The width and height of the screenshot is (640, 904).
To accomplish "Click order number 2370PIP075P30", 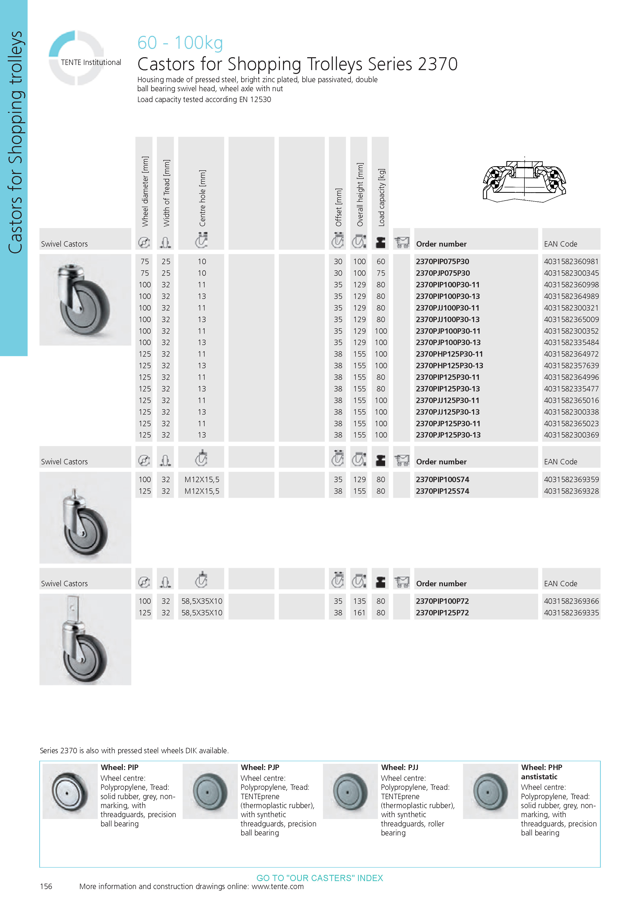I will [x=442, y=262].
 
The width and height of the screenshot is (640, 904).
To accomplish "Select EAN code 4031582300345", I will [x=571, y=273].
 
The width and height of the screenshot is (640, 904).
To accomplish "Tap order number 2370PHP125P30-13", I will [x=449, y=365].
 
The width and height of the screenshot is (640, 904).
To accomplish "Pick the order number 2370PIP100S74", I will [x=442, y=480].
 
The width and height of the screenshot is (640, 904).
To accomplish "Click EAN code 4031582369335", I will [x=571, y=613].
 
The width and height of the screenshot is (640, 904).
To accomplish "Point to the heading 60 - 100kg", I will [x=180, y=43].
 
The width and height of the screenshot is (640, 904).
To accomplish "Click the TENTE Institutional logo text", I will [x=91, y=62].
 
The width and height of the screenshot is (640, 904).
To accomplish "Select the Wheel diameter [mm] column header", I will [x=145, y=191].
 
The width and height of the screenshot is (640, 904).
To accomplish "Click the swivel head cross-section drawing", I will [x=524, y=180].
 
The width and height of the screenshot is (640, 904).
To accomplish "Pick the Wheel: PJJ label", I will [x=399, y=767].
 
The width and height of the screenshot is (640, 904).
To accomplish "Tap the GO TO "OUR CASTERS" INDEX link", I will [x=320, y=878].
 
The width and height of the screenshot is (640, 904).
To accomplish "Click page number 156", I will [x=46, y=886].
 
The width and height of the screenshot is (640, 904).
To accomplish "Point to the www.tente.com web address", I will [x=278, y=886].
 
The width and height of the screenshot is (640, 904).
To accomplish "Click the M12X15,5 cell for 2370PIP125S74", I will [x=202, y=491].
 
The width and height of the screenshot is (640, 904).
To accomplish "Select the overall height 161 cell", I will [x=359, y=613].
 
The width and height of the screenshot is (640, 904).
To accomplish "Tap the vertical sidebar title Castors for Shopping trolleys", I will [x=15, y=142].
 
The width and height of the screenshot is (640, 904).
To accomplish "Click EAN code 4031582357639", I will [x=571, y=365].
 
